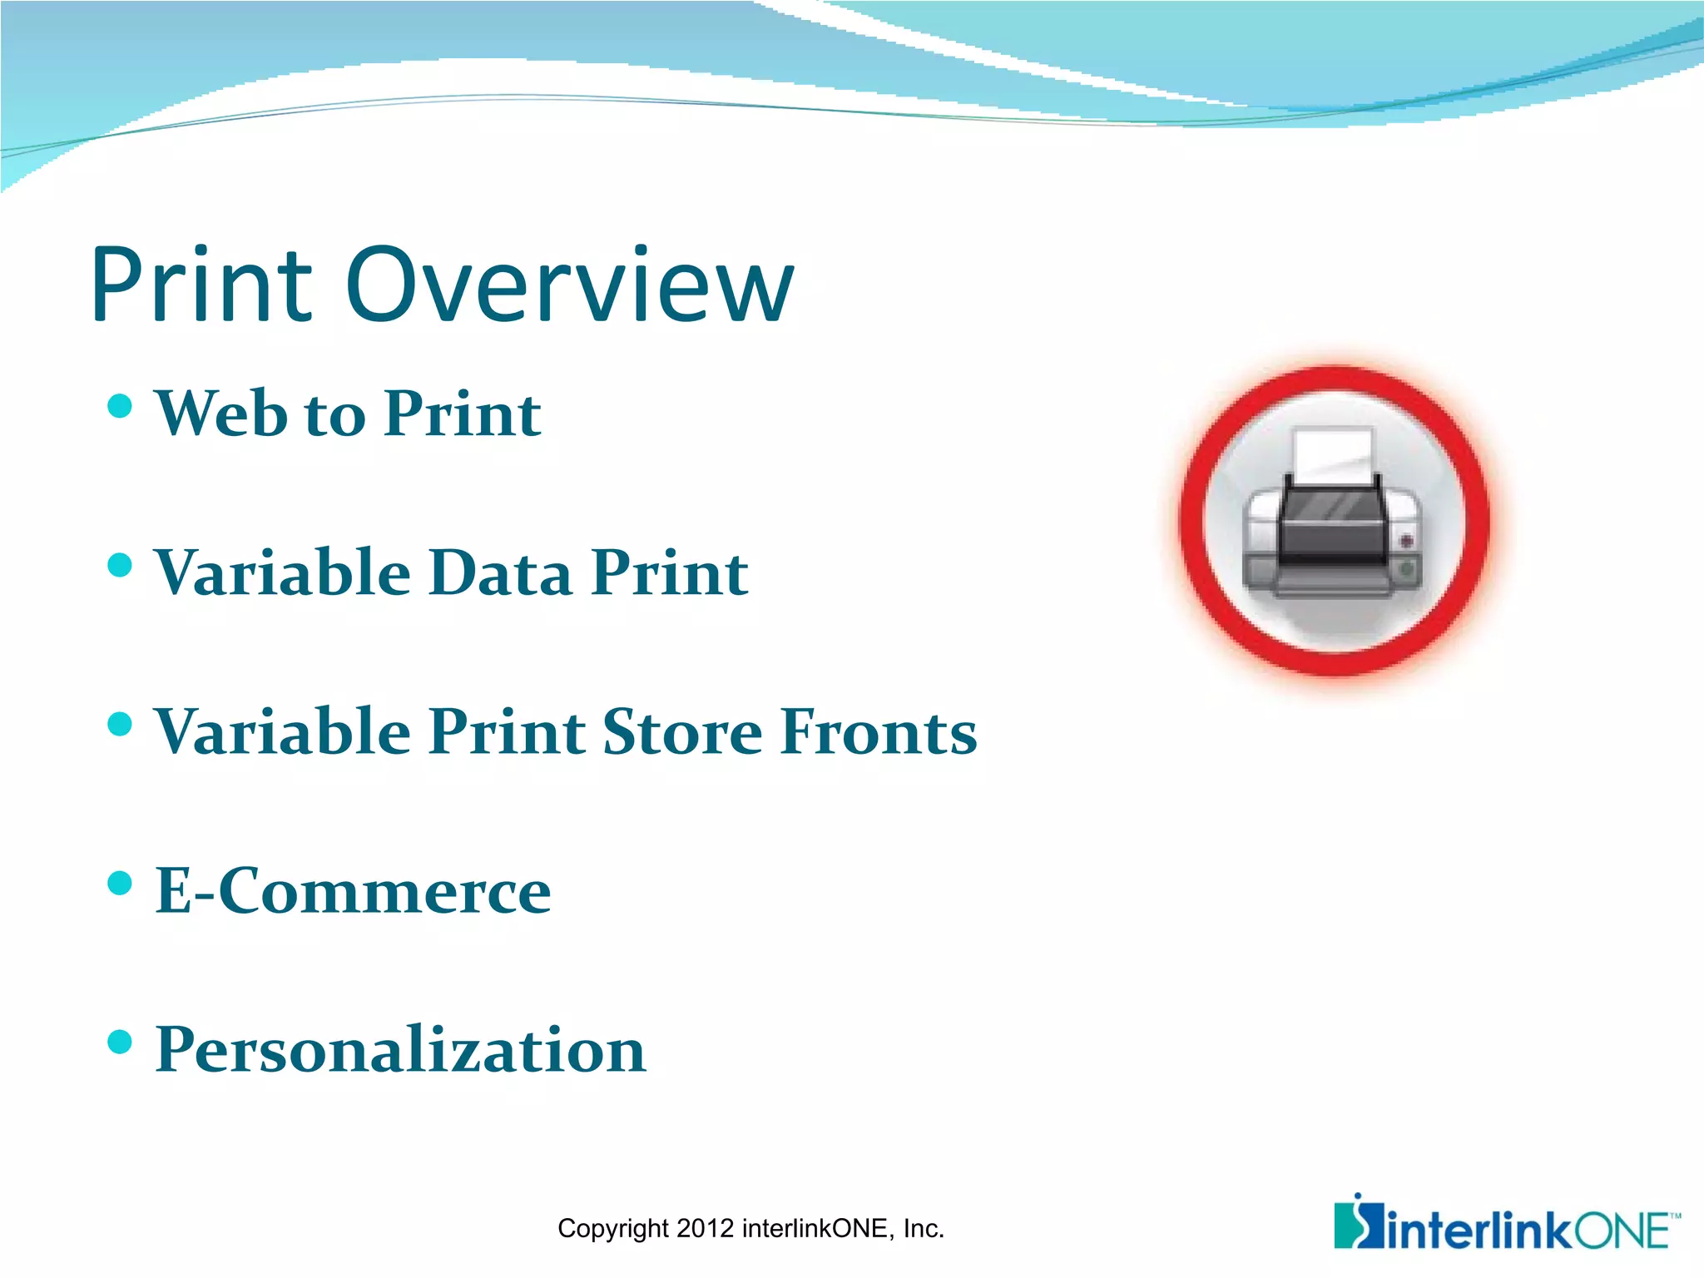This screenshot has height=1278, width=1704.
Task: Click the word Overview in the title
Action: pos(570,285)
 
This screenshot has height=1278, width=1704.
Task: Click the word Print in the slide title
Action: pos(201,285)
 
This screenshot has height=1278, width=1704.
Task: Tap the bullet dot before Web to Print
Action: pos(121,406)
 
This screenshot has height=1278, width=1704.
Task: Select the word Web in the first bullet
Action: pos(219,413)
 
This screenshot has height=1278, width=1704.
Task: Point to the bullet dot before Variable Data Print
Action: pos(121,566)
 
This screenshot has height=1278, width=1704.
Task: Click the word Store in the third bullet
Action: pos(682,732)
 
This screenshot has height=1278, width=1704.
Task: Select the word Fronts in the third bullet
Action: pos(879,732)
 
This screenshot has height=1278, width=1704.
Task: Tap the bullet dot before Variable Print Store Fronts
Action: pos(121,724)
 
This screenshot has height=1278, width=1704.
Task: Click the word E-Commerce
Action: pos(353,891)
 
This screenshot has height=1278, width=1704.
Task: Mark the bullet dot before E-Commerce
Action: pos(121,883)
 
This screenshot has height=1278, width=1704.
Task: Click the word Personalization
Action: pos(400,1050)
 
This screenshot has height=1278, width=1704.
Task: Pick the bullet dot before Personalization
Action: pos(121,1042)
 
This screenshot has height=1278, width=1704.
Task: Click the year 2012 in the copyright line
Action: pos(705,1229)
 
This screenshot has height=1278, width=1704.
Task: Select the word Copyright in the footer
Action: pos(613,1229)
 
